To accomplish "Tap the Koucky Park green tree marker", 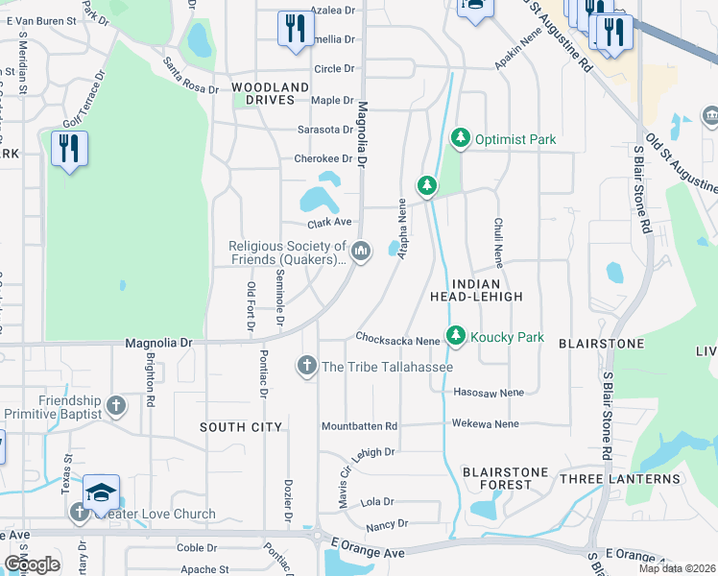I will coord(455,337).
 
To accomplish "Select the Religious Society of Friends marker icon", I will coord(361,252).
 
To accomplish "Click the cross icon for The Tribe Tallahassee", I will coord(306,366).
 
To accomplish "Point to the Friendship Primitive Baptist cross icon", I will coord(115,406).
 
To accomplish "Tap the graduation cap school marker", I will coord(101,492).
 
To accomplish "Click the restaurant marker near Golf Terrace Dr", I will coord(69,149).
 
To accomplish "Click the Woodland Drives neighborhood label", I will coord(271,93).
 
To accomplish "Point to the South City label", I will coord(241,426).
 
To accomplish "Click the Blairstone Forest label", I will coord(505,478).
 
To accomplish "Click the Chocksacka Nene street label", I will coord(396,338).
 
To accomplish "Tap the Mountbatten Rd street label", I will coord(359,425).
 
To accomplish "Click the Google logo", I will coord(32,564).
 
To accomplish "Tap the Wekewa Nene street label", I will coord(485,423).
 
